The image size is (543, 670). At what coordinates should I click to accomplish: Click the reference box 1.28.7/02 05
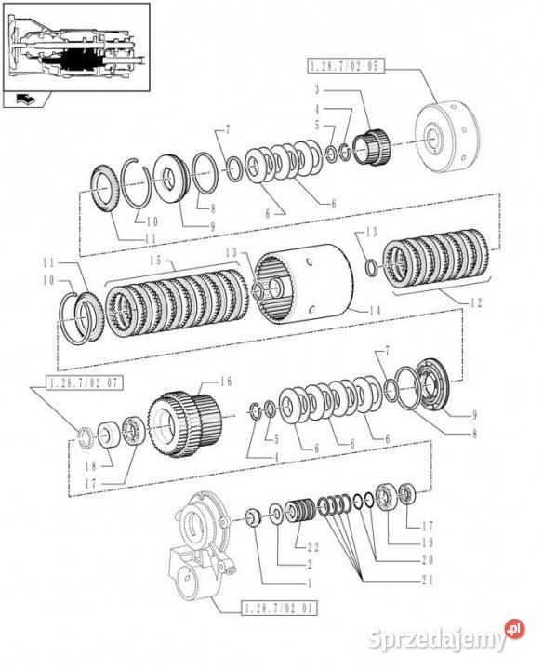(x=346, y=66)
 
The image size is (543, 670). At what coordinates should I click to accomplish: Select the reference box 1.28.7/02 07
(x=84, y=382)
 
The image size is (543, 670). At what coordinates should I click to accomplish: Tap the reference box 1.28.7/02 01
(x=279, y=608)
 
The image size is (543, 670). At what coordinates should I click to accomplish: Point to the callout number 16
(x=225, y=382)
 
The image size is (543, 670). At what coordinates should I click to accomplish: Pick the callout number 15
(x=156, y=261)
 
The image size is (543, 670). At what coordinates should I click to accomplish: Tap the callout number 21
(x=427, y=580)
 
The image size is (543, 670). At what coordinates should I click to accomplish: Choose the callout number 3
(x=317, y=89)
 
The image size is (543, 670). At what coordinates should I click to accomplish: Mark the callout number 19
(x=427, y=543)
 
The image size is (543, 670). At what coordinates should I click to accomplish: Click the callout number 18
(x=91, y=466)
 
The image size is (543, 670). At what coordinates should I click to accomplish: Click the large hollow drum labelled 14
(x=304, y=284)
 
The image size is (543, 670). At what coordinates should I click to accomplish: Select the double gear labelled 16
(x=185, y=424)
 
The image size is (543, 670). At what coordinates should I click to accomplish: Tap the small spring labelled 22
(x=300, y=512)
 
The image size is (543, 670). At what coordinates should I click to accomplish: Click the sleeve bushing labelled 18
(x=111, y=435)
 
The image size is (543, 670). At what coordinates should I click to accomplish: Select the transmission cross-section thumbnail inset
(x=77, y=47)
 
